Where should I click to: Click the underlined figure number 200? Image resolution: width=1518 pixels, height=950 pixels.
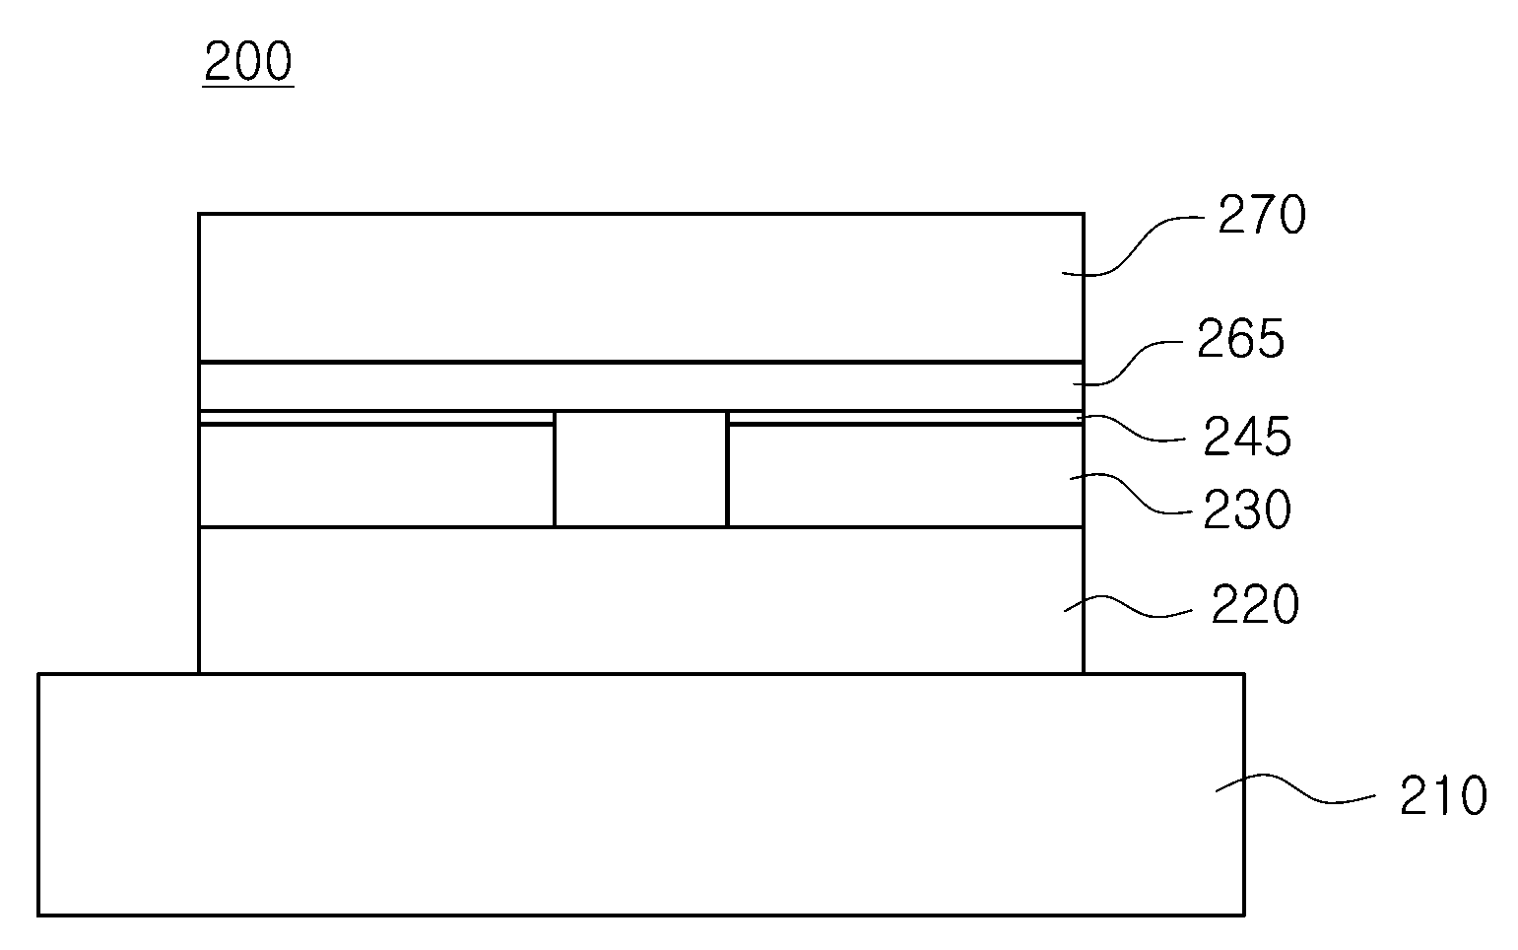coord(248,62)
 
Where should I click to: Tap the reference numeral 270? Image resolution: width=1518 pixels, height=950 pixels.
coord(1262,215)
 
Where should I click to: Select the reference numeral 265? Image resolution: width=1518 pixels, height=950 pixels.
coord(1241,338)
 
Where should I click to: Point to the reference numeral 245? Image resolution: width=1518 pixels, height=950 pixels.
coord(1247,436)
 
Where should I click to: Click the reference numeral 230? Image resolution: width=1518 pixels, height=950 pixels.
coord(1247,509)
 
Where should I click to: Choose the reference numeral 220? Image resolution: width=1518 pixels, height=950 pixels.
coord(1255,603)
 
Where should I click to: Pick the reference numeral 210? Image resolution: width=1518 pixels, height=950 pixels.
coord(1443,794)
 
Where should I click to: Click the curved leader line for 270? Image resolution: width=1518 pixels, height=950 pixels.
coord(1133,245)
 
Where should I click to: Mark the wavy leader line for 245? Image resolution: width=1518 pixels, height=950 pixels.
coord(1131,429)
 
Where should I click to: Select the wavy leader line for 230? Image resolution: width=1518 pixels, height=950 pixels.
coord(1130,494)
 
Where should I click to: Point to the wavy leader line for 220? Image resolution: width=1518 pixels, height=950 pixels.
coord(1128,606)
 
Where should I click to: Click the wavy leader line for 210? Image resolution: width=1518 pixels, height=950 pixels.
coord(1295,789)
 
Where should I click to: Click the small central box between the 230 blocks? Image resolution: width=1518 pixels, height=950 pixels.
coord(640,468)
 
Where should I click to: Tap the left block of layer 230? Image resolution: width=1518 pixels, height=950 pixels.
coord(376,475)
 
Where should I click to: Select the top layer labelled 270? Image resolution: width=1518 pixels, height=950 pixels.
coord(641,288)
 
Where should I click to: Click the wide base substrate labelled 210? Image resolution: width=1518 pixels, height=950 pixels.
coord(641,794)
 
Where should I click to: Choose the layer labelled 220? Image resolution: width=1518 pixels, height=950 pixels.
coord(641,600)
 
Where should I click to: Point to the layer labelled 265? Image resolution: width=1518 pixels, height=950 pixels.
coord(641,386)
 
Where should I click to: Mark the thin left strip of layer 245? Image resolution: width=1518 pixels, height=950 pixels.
coord(376,417)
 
